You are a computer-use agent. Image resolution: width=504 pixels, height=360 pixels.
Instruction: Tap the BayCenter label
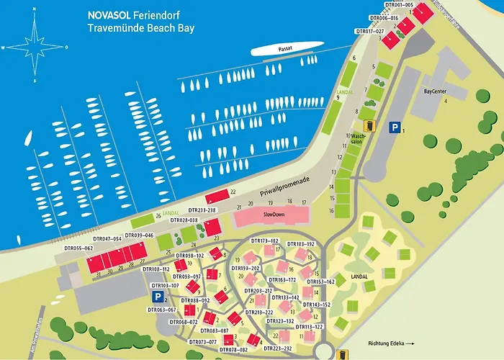(436, 91)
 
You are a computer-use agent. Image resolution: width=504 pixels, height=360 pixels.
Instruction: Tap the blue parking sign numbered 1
(394, 127)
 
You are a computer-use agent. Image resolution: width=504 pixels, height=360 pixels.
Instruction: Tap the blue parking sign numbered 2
(156, 296)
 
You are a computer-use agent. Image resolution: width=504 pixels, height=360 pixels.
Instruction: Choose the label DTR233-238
(201, 210)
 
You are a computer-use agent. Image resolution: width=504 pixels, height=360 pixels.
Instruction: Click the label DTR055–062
(78, 248)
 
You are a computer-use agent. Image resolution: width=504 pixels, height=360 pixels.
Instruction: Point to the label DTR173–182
(264, 240)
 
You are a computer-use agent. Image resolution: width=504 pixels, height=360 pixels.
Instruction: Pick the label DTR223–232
(278, 348)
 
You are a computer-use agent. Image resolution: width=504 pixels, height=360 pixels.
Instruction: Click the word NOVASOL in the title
(108, 13)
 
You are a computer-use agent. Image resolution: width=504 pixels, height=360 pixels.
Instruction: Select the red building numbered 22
(216, 197)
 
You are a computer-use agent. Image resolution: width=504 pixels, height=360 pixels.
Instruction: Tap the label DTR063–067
(161, 310)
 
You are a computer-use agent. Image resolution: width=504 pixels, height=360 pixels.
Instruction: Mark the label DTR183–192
(302, 244)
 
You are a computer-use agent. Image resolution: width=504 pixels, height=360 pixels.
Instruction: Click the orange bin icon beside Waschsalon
(368, 125)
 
